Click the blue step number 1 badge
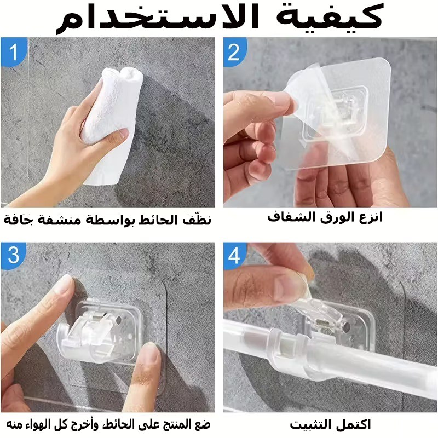(13, 52)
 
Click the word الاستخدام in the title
(157, 18)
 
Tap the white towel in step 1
(112, 123)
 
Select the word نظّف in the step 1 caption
(197, 220)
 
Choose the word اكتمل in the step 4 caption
(355, 425)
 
